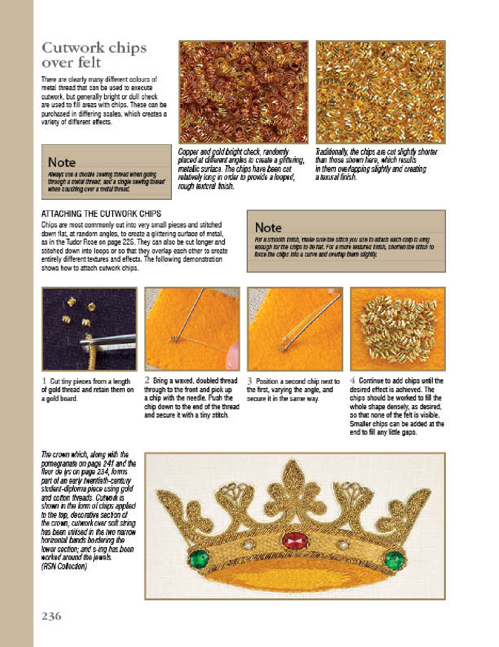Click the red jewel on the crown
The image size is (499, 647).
point(295,541)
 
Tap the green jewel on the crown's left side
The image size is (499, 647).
point(199,559)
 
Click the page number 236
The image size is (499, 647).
point(51,616)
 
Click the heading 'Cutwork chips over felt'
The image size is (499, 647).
point(94,55)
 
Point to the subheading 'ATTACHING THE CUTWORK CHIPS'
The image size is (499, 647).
point(101,214)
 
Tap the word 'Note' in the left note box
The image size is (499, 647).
point(61,162)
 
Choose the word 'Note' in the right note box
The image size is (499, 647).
point(268,228)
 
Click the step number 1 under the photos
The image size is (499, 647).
point(44,381)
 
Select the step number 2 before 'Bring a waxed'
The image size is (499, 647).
point(147,380)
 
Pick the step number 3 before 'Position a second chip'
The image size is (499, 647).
point(249,381)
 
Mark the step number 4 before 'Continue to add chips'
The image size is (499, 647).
point(353,381)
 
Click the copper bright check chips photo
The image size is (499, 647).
point(243,92)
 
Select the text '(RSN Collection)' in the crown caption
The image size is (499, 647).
point(64,566)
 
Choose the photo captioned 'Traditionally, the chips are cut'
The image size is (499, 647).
point(380,92)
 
